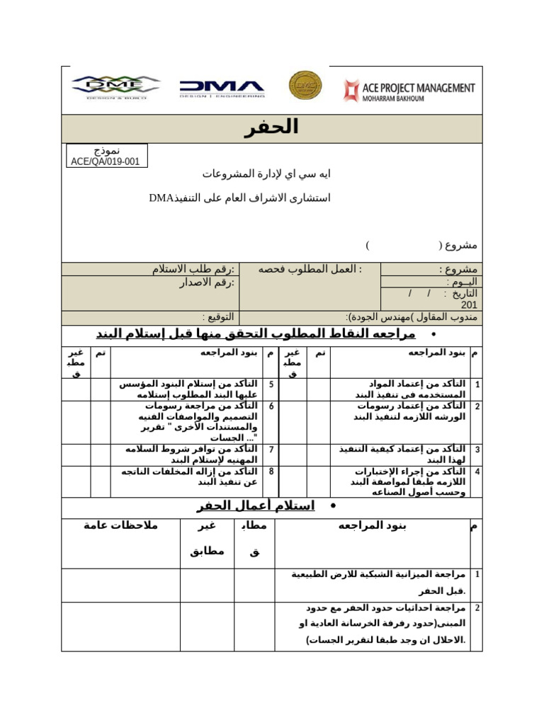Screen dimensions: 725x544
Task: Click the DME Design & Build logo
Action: (x=115, y=87)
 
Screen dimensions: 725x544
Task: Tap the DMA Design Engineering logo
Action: (x=222, y=88)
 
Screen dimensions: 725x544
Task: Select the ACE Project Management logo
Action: (x=409, y=91)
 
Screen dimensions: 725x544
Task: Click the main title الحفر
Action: (x=271, y=127)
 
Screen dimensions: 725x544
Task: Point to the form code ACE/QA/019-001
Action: (x=106, y=161)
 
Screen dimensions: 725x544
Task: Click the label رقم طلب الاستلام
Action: (x=193, y=269)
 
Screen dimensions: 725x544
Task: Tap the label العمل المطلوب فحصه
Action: (x=310, y=269)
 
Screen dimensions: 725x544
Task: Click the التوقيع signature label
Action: (x=219, y=316)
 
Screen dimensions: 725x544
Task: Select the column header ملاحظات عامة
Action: (x=120, y=525)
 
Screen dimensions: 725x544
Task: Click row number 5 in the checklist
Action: (x=271, y=384)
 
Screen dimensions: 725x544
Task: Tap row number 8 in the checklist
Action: (x=271, y=472)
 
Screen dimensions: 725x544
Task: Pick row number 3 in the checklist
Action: (x=477, y=450)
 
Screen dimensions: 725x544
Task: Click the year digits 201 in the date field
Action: (x=469, y=304)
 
